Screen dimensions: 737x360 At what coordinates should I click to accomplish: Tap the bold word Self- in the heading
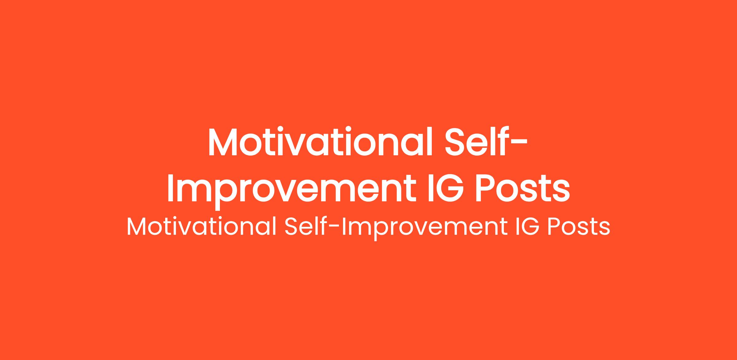(x=486, y=141)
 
